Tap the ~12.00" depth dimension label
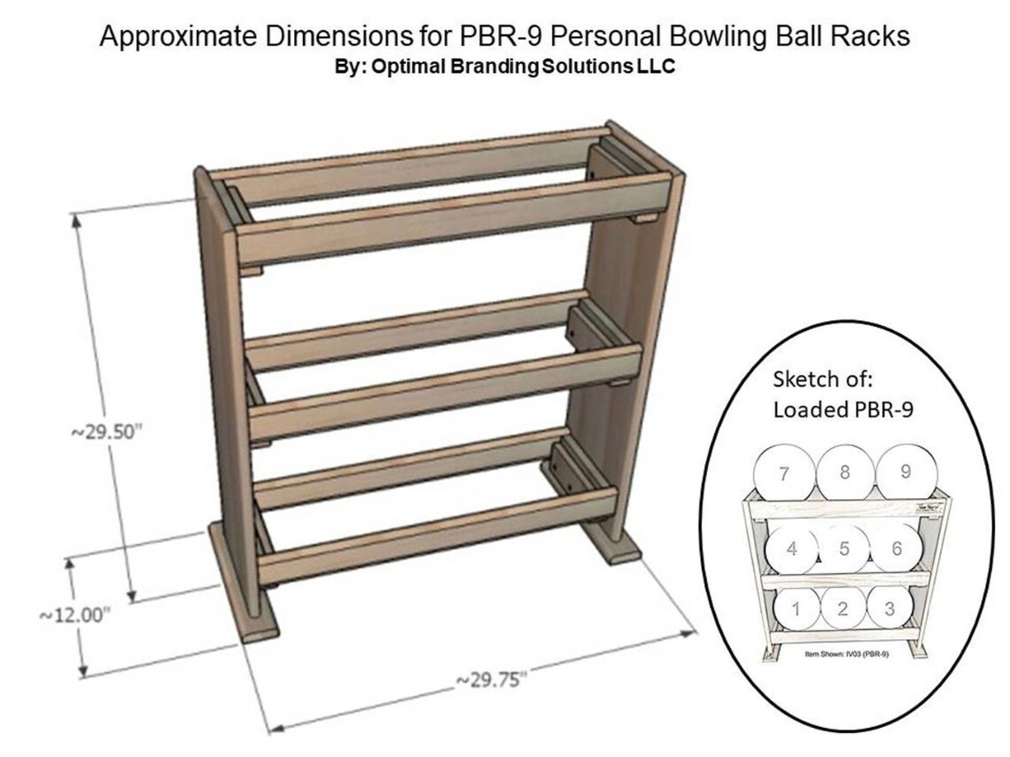pyautogui.click(x=74, y=614)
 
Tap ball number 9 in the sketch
pyautogui.click(x=905, y=472)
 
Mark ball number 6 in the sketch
pyautogui.click(x=897, y=549)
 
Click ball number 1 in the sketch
pyautogui.click(x=796, y=608)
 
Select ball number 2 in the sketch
pyautogui.click(x=843, y=608)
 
